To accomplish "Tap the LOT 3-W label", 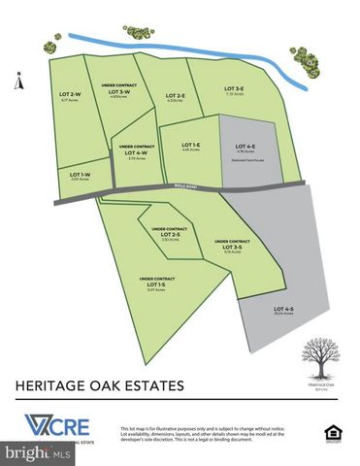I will point(116,91).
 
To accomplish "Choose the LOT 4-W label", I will point(136,152).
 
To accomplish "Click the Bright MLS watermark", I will point(37,453).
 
